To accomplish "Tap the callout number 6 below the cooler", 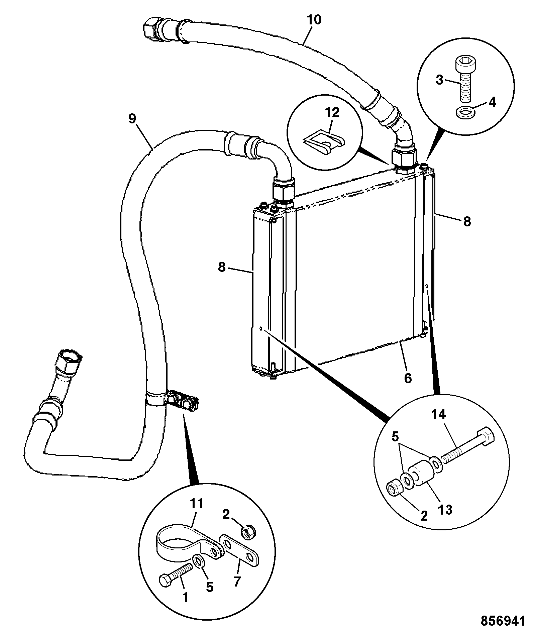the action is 408,378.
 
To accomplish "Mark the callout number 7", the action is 237,582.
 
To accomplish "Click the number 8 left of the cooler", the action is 222,268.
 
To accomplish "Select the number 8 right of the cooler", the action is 467,221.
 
